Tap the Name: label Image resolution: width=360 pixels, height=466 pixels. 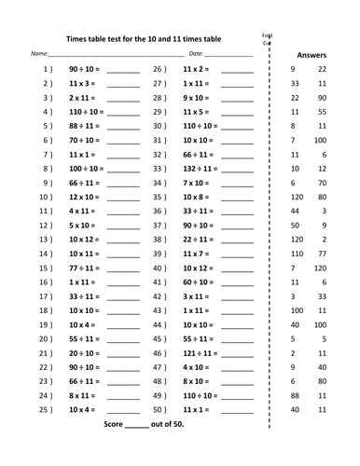40,55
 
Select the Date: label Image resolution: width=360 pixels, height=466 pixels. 196,55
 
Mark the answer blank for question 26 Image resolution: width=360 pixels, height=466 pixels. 238,72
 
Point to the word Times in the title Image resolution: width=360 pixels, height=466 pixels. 76,38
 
